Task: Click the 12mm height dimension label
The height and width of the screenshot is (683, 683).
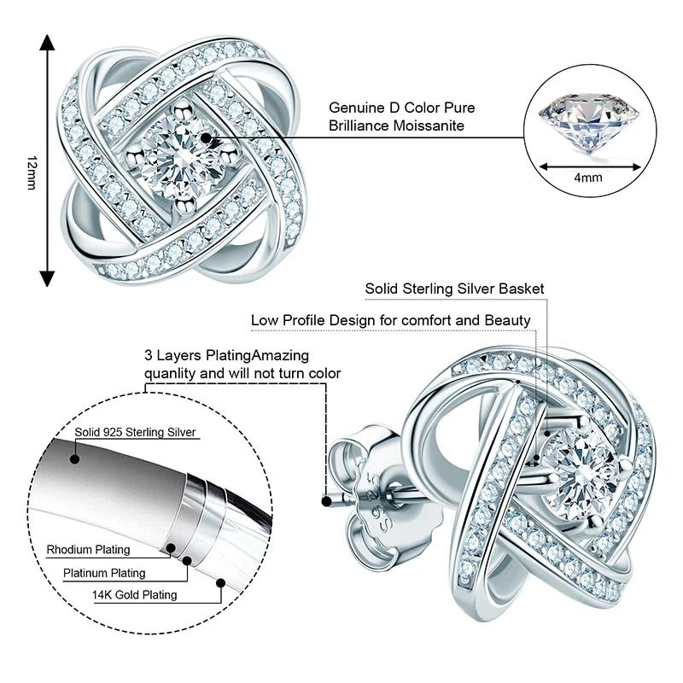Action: [32, 172]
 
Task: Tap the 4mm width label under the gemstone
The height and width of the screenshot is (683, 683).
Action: [588, 178]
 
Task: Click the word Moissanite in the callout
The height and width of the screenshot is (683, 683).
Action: [429, 126]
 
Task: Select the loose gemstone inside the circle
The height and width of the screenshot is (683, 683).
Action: [589, 124]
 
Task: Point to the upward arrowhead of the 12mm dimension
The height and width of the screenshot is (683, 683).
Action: [47, 43]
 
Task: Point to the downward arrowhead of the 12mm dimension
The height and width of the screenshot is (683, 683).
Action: [47, 278]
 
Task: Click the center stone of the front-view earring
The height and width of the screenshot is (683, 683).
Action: [182, 158]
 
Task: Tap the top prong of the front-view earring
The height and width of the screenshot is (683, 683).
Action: [182, 109]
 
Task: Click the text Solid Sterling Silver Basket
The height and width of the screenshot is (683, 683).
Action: [454, 289]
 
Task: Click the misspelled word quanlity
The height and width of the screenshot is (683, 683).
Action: [169, 374]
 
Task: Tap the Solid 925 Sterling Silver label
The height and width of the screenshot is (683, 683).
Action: [135, 432]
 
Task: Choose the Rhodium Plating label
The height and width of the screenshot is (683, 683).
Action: [89, 550]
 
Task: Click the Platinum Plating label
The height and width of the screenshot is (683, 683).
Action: [104, 573]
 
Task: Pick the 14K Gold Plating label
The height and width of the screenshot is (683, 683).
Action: [135, 595]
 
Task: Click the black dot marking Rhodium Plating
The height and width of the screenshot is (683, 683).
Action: [171, 548]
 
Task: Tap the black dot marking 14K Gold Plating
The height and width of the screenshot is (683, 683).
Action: [220, 583]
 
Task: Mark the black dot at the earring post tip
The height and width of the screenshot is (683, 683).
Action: [326, 502]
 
